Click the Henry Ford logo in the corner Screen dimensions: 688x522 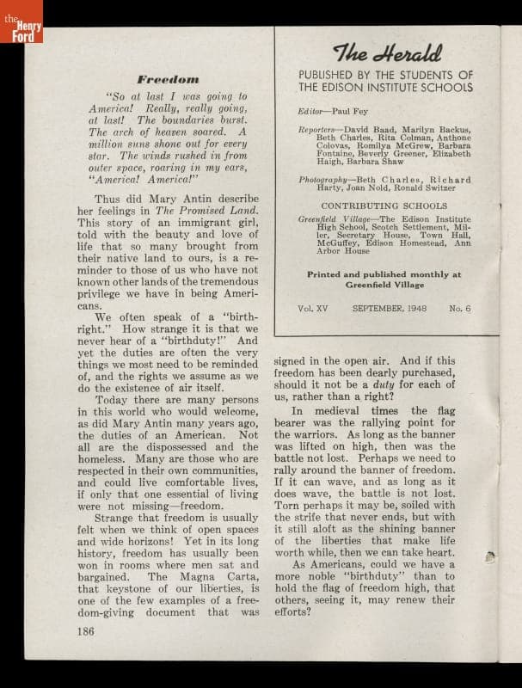click(x=21, y=23)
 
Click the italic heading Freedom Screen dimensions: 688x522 click(x=169, y=78)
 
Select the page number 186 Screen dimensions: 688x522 click(x=83, y=630)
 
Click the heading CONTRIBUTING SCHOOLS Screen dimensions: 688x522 click(x=384, y=206)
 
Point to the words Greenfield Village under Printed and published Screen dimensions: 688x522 click(x=384, y=284)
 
